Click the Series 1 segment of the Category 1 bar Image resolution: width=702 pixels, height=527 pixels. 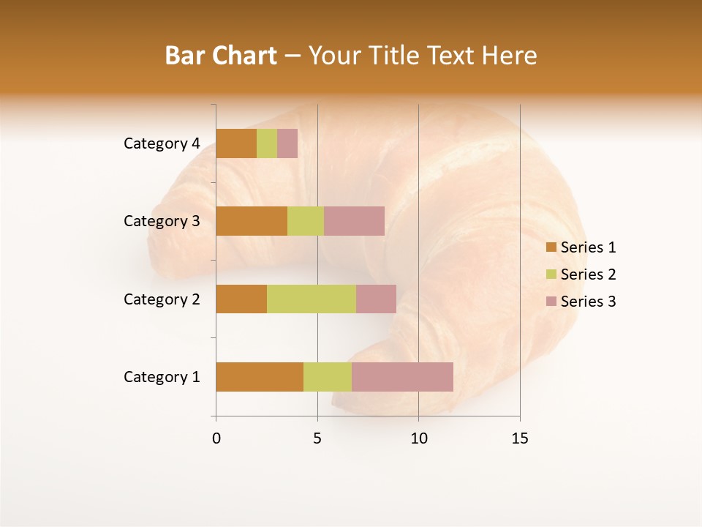(x=260, y=377)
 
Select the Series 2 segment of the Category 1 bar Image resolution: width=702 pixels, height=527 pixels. (x=328, y=377)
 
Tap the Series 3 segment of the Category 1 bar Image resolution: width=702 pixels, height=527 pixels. (x=402, y=377)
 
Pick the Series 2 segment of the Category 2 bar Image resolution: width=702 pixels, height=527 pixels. (x=312, y=299)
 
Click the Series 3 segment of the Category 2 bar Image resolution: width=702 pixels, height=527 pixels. (x=376, y=299)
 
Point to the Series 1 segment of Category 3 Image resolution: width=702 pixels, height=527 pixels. (x=252, y=221)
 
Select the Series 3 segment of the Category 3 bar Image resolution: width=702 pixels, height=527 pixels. (x=354, y=221)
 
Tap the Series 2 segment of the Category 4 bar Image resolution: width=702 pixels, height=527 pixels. (x=267, y=143)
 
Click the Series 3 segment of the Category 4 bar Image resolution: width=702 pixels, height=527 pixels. (x=287, y=143)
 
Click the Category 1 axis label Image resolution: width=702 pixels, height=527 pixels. (x=162, y=377)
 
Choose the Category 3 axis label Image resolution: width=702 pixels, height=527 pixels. (x=162, y=221)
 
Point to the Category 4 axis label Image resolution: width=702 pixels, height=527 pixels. (x=162, y=143)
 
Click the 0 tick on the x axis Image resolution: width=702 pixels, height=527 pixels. (x=216, y=438)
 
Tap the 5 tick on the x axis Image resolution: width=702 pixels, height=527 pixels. (x=317, y=438)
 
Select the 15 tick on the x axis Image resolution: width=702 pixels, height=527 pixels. (x=520, y=438)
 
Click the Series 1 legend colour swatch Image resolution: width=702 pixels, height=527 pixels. (x=551, y=247)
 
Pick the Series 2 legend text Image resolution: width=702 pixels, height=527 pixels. (x=588, y=274)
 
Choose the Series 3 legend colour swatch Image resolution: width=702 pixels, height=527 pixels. (x=551, y=302)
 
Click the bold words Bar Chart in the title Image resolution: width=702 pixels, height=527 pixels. (x=221, y=56)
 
